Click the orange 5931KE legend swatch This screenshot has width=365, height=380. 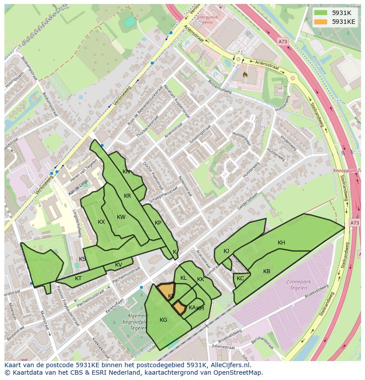[321, 21]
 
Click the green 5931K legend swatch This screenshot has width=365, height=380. [321, 13]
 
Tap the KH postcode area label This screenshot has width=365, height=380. [281, 243]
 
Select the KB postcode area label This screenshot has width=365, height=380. [267, 271]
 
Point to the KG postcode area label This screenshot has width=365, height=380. [164, 320]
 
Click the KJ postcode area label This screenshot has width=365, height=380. [227, 251]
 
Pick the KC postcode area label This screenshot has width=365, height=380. [240, 278]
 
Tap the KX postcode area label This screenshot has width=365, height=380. [101, 222]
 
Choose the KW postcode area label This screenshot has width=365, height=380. [121, 217]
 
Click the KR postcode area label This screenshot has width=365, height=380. [127, 196]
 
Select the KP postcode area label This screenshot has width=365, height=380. [158, 223]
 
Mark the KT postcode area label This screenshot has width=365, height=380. [78, 278]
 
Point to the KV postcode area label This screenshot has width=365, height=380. [119, 265]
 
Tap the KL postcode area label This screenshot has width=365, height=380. [183, 278]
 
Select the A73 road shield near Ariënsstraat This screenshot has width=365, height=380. [283, 41]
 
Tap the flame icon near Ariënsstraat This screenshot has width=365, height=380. [246, 75]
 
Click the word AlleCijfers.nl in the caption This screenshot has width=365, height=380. [229, 365]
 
